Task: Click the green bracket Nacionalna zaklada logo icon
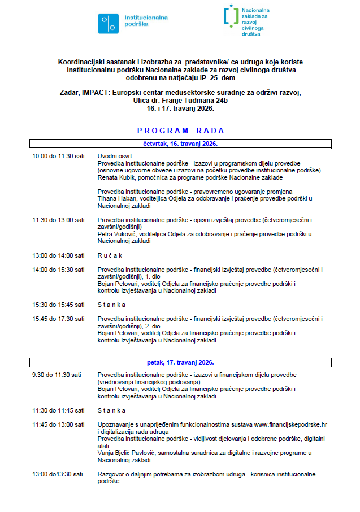tap(230, 17)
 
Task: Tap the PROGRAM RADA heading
tap(180, 131)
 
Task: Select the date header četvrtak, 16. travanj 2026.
tap(180, 144)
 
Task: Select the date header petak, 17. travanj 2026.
tap(180, 362)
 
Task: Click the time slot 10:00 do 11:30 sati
tap(58, 156)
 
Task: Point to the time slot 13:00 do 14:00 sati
tap(58, 255)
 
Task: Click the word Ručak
tap(111, 255)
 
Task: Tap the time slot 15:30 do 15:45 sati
tap(58, 305)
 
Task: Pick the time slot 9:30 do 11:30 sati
tap(57, 375)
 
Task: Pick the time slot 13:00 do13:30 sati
tap(58, 474)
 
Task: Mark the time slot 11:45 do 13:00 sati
tap(58, 424)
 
